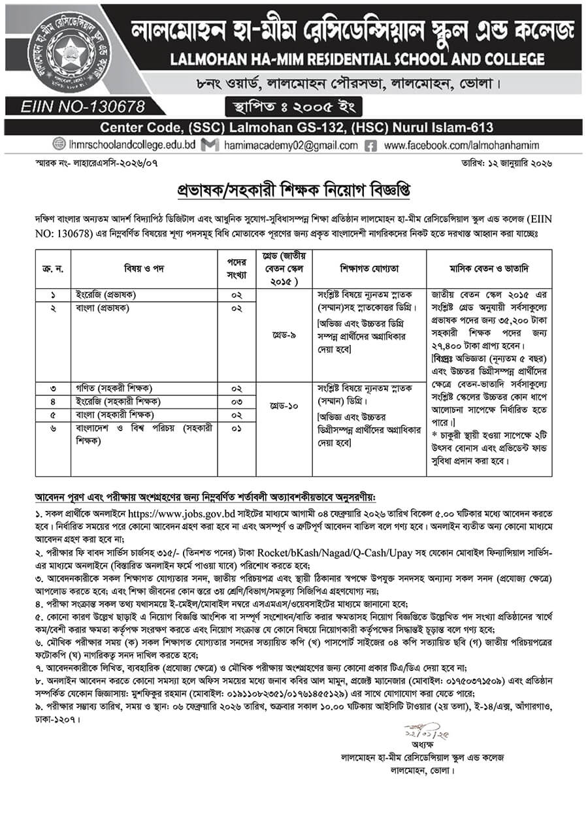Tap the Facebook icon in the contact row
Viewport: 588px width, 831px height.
(x=370, y=146)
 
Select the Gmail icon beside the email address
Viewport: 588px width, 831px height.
(x=210, y=146)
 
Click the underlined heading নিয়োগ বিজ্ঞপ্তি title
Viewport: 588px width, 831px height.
(x=294, y=191)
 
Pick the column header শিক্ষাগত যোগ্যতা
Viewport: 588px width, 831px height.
(x=368, y=268)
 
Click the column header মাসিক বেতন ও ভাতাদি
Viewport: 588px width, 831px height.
(x=489, y=268)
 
